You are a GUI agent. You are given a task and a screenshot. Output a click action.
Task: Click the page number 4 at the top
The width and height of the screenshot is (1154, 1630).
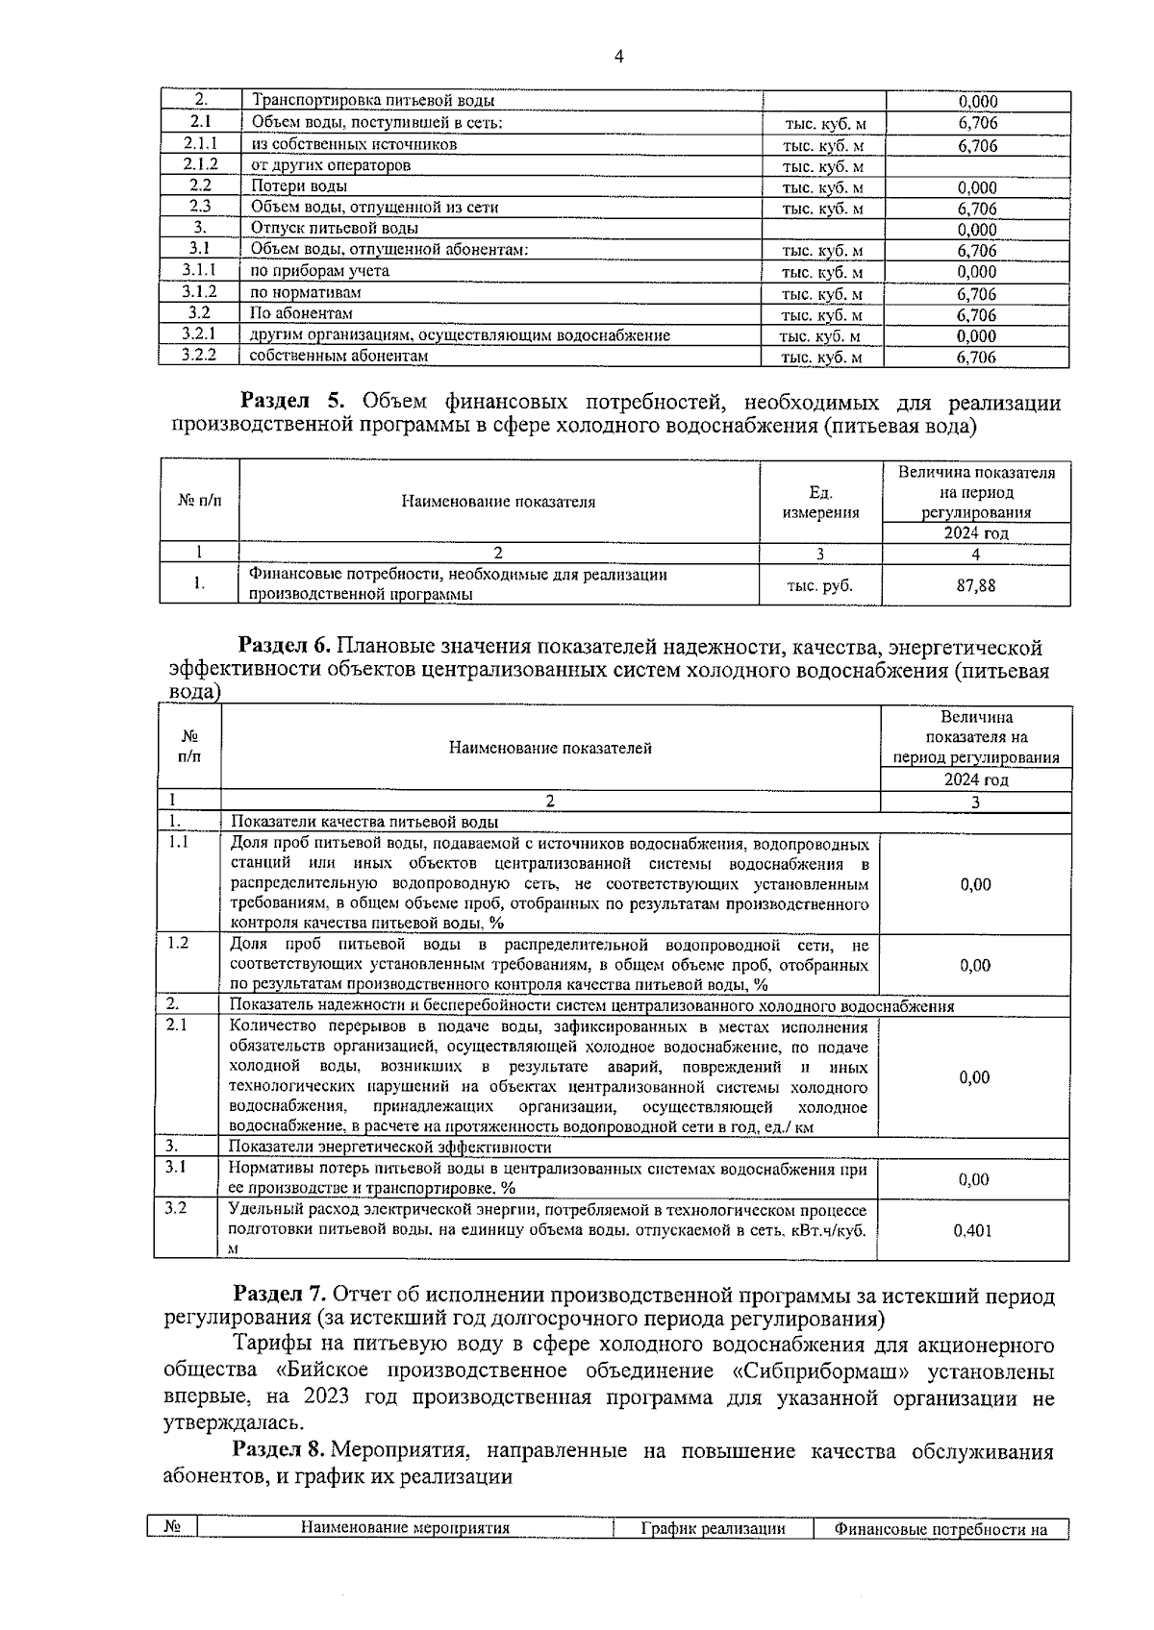coord(618,57)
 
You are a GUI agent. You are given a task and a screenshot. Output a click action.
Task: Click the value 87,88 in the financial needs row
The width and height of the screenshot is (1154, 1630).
coord(975,585)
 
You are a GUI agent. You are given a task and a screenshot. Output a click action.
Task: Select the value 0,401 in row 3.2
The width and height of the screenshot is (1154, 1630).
coord(972,1230)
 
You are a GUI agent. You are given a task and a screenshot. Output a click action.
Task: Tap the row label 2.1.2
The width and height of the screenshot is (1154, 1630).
coord(200,164)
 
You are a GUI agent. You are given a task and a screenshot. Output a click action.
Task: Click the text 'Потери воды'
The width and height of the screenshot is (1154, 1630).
coord(299,186)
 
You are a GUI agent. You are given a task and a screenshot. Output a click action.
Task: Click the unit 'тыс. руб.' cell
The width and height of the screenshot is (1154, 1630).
coord(819,585)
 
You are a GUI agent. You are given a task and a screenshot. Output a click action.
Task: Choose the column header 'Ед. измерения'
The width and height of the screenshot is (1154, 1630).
coord(820,502)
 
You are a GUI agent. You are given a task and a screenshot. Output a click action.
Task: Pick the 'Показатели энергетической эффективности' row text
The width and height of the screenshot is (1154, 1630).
coord(389,1147)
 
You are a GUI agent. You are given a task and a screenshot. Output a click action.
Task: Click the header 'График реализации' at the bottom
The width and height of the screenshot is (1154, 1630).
coord(714,1528)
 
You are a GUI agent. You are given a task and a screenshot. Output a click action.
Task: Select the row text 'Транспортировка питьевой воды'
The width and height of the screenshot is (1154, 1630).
coord(373,100)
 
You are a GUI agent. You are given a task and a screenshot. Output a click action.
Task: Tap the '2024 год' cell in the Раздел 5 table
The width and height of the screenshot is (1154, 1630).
coord(975,533)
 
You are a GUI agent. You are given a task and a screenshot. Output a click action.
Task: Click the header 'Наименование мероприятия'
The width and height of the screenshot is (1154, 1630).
coord(405,1528)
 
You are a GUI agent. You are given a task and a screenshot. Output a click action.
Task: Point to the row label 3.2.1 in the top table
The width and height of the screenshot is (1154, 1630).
coord(199,333)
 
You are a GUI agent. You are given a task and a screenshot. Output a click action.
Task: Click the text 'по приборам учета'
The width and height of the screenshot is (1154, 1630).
coord(319,271)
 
